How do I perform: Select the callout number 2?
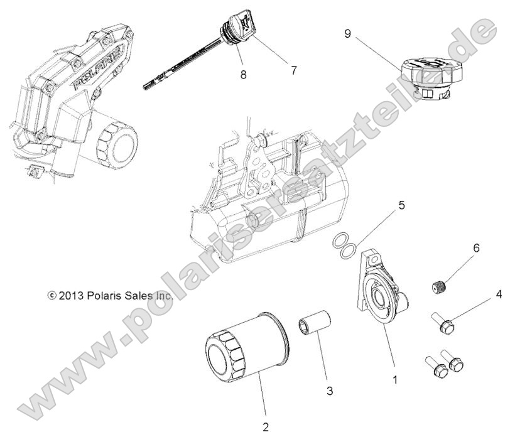tap(265, 427)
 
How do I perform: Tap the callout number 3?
tap(329, 391)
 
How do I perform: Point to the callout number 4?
tap(498, 276)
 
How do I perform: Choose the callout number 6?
tap(475, 248)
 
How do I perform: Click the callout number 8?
tap(243, 74)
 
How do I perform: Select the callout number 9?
tap(347, 34)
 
